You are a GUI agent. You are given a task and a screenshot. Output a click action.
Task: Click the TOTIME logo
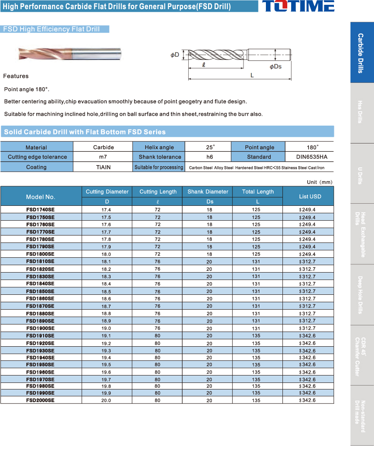tap(298, 7)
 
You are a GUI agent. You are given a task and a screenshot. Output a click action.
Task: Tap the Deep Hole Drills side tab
tap(361, 294)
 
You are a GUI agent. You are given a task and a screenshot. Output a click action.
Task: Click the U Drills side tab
tap(361, 174)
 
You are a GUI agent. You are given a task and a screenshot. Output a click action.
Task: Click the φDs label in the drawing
tap(275, 66)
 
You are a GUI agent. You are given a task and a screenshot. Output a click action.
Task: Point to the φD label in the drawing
tap(175, 55)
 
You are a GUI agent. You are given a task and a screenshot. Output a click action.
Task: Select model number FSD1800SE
tap(41, 254)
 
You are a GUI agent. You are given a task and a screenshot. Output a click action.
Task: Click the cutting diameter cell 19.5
tap(106, 365)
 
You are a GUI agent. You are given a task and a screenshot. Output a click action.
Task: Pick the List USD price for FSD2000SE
tap(308, 400)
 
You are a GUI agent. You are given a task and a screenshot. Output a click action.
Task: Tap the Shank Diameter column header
tap(208, 191)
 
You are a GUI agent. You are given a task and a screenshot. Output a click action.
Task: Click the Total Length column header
tap(258, 191)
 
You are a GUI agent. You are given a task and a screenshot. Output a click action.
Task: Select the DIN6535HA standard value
tap(309, 157)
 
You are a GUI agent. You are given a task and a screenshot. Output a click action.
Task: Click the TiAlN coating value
tap(103, 167)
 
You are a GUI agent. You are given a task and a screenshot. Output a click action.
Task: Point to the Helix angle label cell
tap(159, 147)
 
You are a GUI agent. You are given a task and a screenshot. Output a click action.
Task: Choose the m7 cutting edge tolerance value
tap(103, 157)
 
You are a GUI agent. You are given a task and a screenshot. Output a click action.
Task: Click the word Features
tap(16, 76)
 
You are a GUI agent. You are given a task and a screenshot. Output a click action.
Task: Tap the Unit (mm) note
tap(320, 182)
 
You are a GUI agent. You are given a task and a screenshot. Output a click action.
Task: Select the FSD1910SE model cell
tap(41, 336)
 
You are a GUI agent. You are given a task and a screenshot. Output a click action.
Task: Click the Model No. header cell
tap(41, 197)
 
